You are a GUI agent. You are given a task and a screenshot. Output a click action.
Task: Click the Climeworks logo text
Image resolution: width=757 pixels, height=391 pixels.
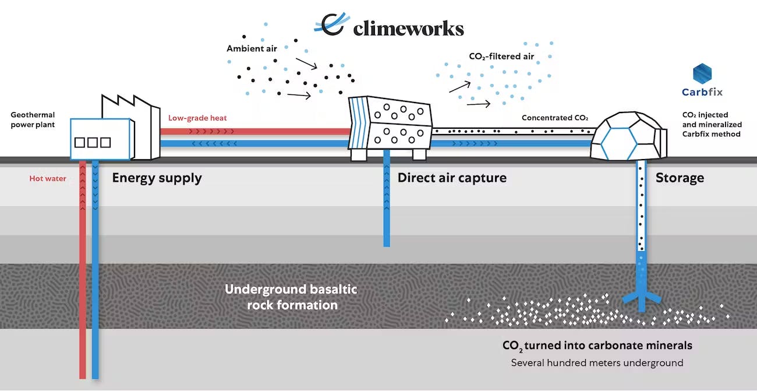point(408,29)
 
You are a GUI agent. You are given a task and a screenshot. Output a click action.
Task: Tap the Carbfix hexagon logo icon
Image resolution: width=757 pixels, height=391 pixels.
point(702,74)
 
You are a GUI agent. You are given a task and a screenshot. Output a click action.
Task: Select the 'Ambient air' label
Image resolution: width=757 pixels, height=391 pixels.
point(252,48)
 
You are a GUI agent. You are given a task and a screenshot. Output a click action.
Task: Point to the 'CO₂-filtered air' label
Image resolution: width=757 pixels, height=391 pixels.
point(501,57)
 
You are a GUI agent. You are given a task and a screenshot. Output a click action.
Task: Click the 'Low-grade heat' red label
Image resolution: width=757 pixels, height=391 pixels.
point(197,118)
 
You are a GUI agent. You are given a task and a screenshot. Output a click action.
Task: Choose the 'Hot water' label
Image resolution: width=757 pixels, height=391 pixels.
point(48,179)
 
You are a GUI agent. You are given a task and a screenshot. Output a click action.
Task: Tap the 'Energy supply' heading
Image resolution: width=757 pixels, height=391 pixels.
point(157,178)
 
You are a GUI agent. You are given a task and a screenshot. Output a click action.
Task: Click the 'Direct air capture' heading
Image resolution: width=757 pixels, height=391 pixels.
point(452,178)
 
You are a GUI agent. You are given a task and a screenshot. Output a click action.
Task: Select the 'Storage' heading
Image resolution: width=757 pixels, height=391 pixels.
point(680,178)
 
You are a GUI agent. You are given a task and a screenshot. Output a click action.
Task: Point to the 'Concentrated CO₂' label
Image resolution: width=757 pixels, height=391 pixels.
point(555,118)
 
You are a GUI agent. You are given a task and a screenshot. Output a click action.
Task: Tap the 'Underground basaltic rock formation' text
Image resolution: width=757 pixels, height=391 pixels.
point(291,297)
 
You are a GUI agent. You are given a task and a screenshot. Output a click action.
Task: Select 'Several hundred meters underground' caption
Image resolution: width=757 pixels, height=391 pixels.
point(597,362)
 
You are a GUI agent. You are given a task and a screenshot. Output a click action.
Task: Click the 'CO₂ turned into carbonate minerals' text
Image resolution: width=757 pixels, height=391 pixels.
point(597,346)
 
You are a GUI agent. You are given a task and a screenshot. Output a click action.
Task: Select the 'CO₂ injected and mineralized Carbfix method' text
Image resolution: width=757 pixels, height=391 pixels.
point(711,125)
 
